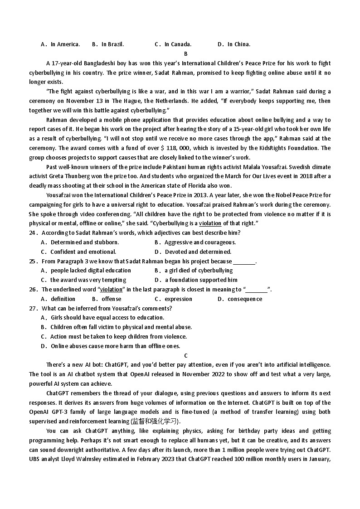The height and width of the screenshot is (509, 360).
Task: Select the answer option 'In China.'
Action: [x=238, y=44]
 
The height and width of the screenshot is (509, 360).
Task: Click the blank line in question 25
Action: [x=244, y=262]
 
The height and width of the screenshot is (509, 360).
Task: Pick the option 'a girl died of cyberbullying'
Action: [x=199, y=271]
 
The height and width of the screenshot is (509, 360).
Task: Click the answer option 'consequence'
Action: [x=245, y=299]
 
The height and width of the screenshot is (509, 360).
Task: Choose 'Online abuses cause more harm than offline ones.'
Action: [x=115, y=346]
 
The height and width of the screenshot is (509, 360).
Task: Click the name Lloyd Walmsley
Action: [x=76, y=459]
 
